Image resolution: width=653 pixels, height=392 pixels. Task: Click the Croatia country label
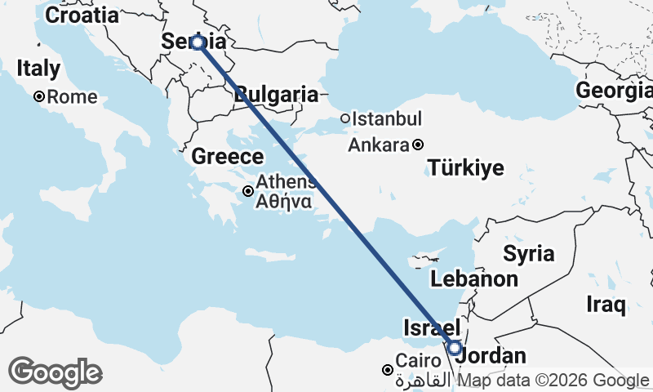point(81,15)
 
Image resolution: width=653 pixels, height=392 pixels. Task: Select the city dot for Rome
point(38,96)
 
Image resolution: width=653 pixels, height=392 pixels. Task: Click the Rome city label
point(72,96)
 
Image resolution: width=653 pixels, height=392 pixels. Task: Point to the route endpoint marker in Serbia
point(198,42)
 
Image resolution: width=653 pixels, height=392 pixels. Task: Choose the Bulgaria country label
point(276,94)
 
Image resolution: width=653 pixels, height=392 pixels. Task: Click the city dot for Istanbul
point(345,118)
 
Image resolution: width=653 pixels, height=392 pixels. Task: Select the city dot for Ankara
point(418,145)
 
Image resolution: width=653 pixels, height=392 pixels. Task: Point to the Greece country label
point(228,156)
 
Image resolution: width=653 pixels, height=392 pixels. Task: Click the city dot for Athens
point(247,191)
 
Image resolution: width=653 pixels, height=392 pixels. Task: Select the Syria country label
point(528,252)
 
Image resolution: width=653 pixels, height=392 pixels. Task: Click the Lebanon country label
point(475,278)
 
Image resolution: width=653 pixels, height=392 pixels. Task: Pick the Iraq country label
point(606,305)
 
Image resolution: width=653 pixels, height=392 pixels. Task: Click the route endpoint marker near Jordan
point(455,348)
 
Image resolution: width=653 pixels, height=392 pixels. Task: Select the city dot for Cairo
point(387,370)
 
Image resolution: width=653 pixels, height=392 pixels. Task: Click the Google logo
point(55,372)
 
